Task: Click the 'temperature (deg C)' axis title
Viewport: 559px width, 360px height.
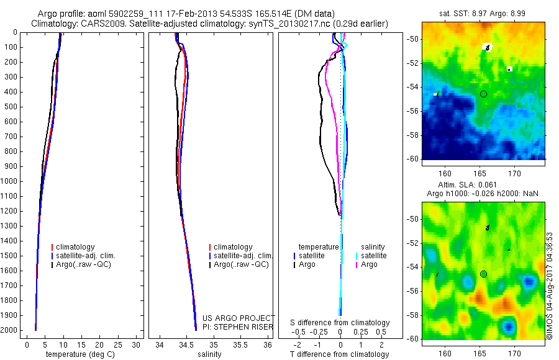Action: tap(78, 354)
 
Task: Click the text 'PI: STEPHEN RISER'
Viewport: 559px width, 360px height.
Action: tap(239, 326)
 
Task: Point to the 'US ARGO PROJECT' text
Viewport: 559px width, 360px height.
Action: tap(239, 318)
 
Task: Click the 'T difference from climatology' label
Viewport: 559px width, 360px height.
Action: tap(339, 354)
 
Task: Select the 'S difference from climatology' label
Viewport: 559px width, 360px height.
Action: tap(340, 323)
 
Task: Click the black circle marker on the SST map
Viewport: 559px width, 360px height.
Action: tap(483, 94)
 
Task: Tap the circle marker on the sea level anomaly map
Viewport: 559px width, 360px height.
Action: tap(483, 274)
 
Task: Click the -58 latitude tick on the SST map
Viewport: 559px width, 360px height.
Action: tap(413, 135)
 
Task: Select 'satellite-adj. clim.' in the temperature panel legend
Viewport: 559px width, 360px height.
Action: tap(86, 256)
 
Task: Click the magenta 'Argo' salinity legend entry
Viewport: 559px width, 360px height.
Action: tap(369, 264)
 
